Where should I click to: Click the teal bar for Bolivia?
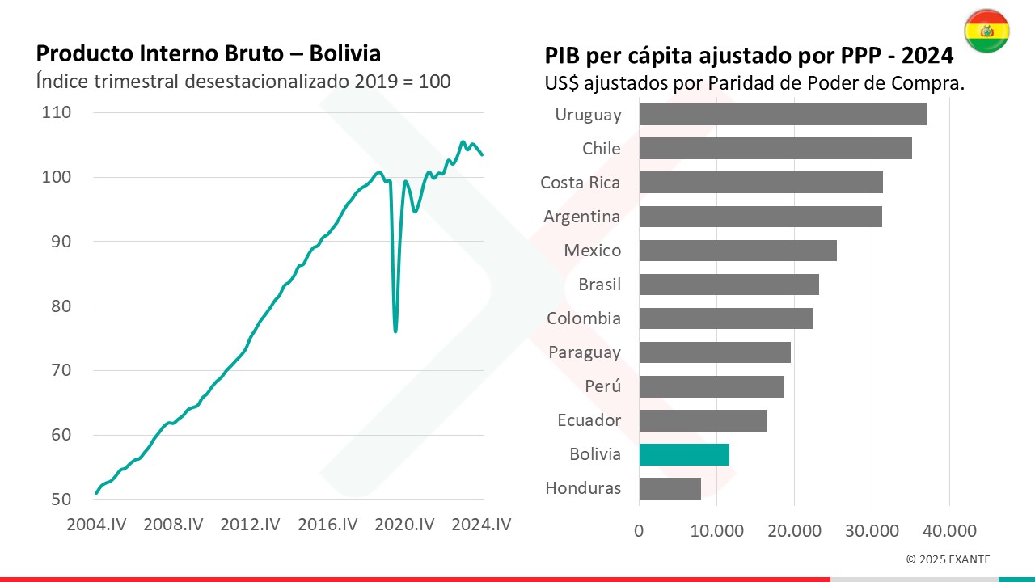(x=684, y=454)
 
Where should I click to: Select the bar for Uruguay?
(x=782, y=115)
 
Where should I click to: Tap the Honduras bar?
(x=670, y=488)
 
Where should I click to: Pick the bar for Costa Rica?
(x=760, y=183)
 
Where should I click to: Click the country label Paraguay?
(x=585, y=352)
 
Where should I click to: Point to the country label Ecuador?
(x=589, y=420)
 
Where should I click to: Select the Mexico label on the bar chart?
(x=593, y=251)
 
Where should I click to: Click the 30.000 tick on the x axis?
(x=872, y=531)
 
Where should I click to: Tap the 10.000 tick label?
(x=716, y=531)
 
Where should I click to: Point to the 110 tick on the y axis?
(x=57, y=112)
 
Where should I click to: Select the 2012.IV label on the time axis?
(x=251, y=525)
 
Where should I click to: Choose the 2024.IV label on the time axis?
(x=482, y=525)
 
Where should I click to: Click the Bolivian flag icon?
(x=986, y=32)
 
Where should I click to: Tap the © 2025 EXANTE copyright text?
(x=948, y=559)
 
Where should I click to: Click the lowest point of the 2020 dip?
(x=395, y=331)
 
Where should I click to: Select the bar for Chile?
(x=775, y=149)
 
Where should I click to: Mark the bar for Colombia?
(x=725, y=318)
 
